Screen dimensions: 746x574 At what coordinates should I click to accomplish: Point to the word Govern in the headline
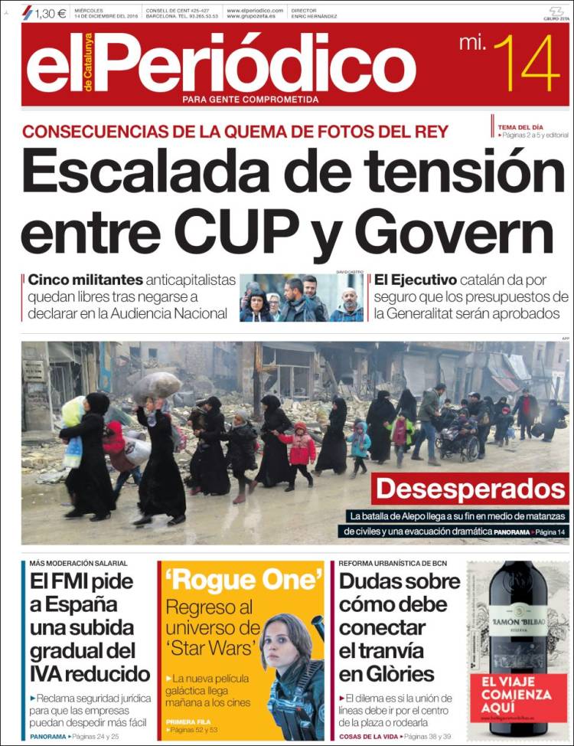tap(460, 231)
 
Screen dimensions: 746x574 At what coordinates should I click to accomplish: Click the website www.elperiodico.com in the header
tap(255, 11)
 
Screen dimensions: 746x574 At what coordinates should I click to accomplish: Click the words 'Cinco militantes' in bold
tap(75, 280)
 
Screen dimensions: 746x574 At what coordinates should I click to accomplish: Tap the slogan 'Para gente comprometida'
tap(250, 100)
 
